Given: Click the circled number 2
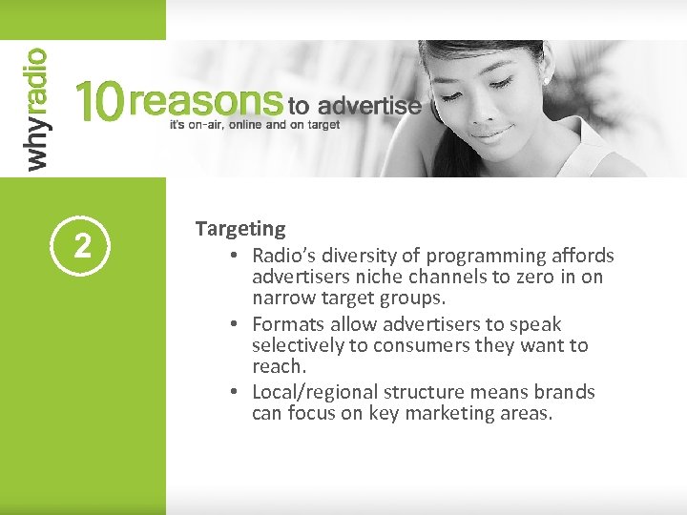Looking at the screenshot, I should click(82, 247).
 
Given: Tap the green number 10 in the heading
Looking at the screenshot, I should click(98, 100).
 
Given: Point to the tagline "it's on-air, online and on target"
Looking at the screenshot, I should click(254, 125).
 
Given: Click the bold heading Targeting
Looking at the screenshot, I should click(240, 229).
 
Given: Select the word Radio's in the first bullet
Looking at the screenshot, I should click(285, 256).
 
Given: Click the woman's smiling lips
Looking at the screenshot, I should click(493, 134).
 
